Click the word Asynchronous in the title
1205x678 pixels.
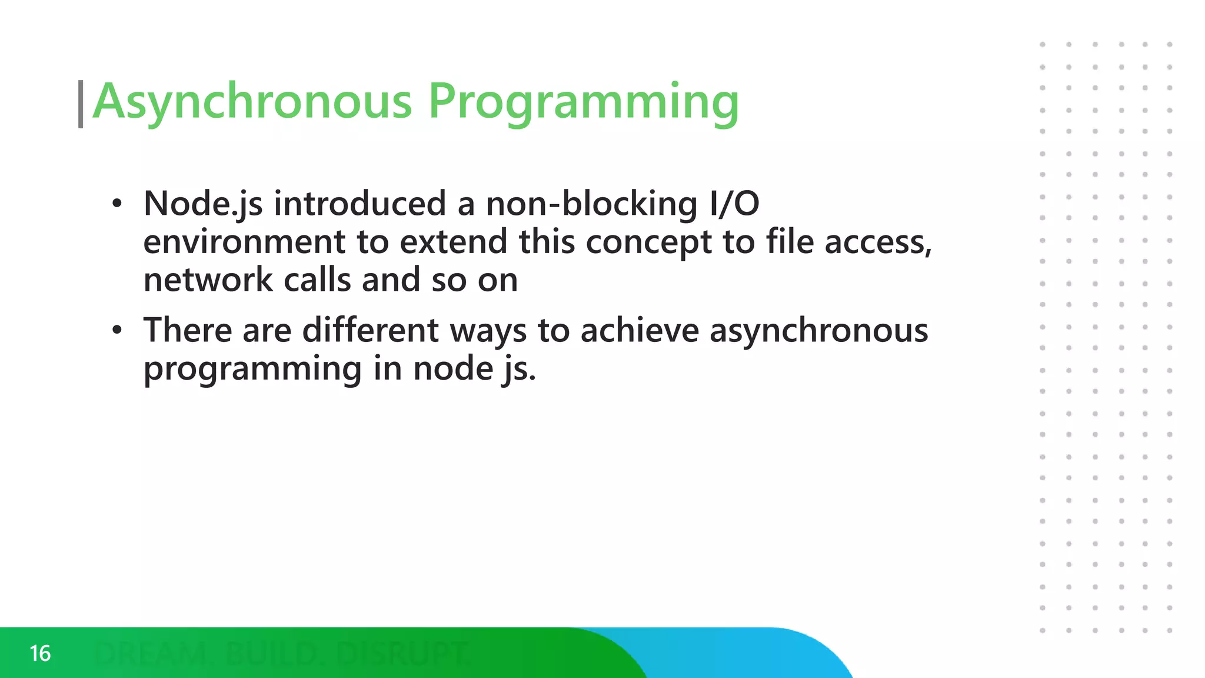tap(252, 101)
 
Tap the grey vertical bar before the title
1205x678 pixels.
tap(81, 104)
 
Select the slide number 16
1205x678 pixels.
tap(40, 653)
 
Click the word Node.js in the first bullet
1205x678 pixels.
tap(203, 204)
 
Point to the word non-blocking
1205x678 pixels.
tap(591, 204)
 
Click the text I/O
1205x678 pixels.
tap(735, 204)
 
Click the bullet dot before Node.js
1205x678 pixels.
tap(117, 204)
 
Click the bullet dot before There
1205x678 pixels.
tap(117, 330)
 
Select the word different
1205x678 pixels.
tap(370, 330)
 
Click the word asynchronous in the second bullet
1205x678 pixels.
tap(818, 331)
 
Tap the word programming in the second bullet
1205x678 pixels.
tap(252, 369)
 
